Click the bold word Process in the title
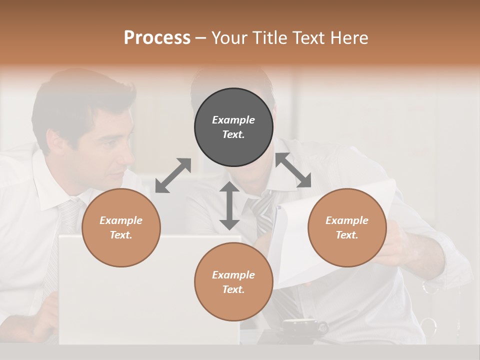(157, 38)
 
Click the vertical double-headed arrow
(229, 205)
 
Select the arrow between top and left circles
(173, 175)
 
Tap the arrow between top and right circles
(293, 170)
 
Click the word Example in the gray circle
(233, 120)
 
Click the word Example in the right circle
(347, 220)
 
